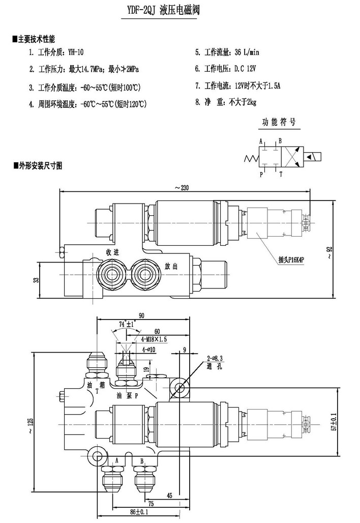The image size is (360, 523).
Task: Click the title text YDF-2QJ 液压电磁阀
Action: (159, 11)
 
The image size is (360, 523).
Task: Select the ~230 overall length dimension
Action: (182, 188)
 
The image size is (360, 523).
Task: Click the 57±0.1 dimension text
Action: (334, 421)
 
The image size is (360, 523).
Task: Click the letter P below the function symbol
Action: (261, 174)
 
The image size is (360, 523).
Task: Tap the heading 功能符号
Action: (279, 123)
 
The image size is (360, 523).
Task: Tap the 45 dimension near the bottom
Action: (169, 495)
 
